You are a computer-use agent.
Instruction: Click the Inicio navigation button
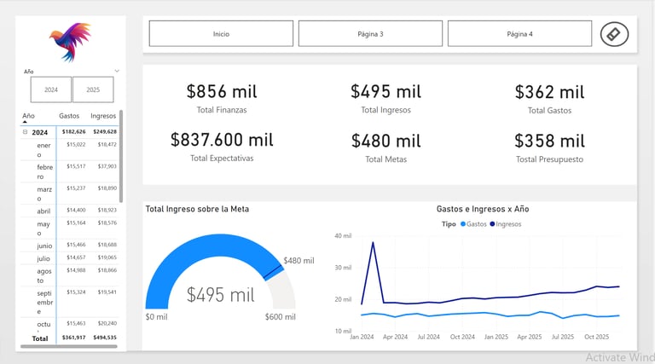(x=221, y=34)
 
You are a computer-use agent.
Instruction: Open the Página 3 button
(x=370, y=34)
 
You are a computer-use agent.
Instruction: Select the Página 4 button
(x=519, y=34)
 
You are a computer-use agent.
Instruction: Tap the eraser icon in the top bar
(x=614, y=34)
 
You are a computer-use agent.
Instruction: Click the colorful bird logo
(x=70, y=42)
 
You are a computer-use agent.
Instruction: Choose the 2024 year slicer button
(x=51, y=90)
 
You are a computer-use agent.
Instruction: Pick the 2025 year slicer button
(x=93, y=90)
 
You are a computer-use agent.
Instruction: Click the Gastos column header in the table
(x=69, y=116)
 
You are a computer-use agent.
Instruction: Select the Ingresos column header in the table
(x=103, y=116)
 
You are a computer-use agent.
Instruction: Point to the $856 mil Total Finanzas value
(x=222, y=92)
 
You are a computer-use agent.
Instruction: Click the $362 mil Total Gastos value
(x=550, y=92)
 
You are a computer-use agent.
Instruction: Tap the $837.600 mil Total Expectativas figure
(x=222, y=140)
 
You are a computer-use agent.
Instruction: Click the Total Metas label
(x=385, y=159)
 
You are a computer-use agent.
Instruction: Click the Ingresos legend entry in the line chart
(x=507, y=224)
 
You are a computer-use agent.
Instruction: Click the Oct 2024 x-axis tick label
(x=462, y=337)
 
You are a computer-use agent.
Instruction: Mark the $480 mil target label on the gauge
(x=299, y=261)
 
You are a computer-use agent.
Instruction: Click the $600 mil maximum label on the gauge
(x=281, y=317)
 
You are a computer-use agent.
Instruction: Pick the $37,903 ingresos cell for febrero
(x=107, y=166)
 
